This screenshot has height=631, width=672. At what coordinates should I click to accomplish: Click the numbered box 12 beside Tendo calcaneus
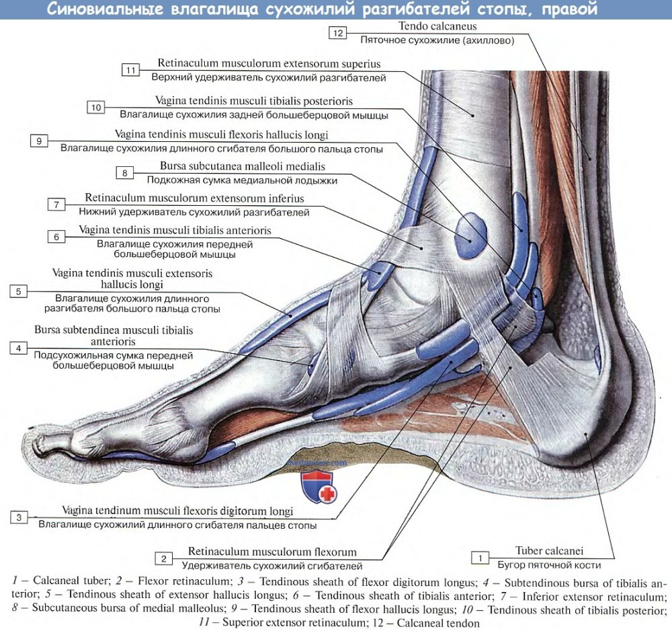pyautogui.click(x=338, y=33)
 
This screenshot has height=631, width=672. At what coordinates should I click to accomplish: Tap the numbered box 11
pyautogui.click(x=131, y=70)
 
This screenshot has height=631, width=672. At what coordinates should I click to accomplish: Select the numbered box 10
pyautogui.click(x=95, y=107)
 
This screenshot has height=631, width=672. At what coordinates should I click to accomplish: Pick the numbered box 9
pyautogui.click(x=39, y=141)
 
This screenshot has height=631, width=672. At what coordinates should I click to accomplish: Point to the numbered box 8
pyautogui.click(x=125, y=173)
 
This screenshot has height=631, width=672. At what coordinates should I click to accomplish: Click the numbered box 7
pyautogui.click(x=56, y=205)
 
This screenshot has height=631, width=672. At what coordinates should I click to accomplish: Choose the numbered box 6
pyautogui.click(x=56, y=237)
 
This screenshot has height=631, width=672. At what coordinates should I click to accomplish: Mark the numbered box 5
pyautogui.click(x=18, y=292)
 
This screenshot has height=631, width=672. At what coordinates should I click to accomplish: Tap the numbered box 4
pyautogui.click(x=18, y=348)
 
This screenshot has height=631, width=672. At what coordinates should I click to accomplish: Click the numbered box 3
pyautogui.click(x=19, y=517)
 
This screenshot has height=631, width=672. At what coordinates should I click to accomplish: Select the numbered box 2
pyautogui.click(x=164, y=558)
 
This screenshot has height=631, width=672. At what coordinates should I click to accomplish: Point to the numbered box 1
pyautogui.click(x=480, y=558)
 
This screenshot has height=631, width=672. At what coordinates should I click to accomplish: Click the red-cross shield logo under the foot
pyautogui.click(x=319, y=486)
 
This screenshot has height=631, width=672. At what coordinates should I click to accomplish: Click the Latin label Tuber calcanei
pyautogui.click(x=549, y=551)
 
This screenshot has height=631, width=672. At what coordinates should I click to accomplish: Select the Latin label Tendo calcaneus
pyautogui.click(x=437, y=26)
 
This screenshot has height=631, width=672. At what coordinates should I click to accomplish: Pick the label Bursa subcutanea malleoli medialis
pyautogui.click(x=243, y=166)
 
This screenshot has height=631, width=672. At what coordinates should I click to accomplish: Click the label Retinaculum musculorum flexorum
pyautogui.click(x=272, y=552)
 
